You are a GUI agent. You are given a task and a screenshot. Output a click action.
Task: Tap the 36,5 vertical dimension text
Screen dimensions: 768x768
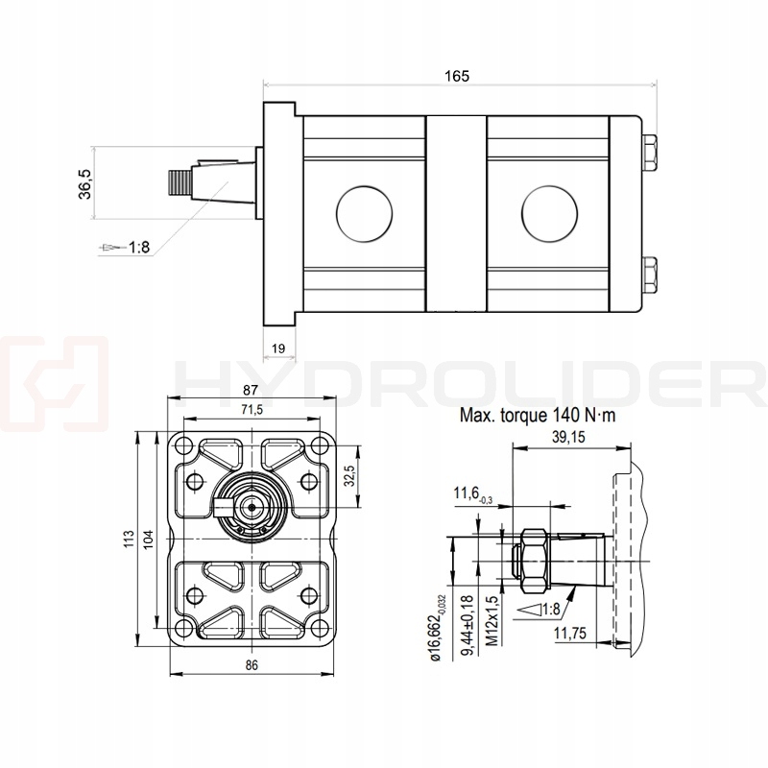click(84, 182)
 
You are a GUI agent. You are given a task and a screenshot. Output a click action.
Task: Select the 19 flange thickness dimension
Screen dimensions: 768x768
click(278, 349)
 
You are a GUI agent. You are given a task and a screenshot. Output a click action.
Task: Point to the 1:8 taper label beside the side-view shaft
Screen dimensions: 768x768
click(138, 248)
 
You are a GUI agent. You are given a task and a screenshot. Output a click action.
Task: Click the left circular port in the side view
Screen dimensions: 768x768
click(364, 211)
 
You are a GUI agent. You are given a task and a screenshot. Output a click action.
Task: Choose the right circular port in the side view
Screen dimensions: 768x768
click(550, 211)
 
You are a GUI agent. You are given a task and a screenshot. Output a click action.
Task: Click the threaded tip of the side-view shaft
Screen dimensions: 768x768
click(179, 181)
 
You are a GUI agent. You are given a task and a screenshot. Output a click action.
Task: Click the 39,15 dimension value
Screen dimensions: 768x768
click(570, 437)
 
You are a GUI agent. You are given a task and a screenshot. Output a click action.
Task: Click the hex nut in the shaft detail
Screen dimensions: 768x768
click(533, 560)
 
